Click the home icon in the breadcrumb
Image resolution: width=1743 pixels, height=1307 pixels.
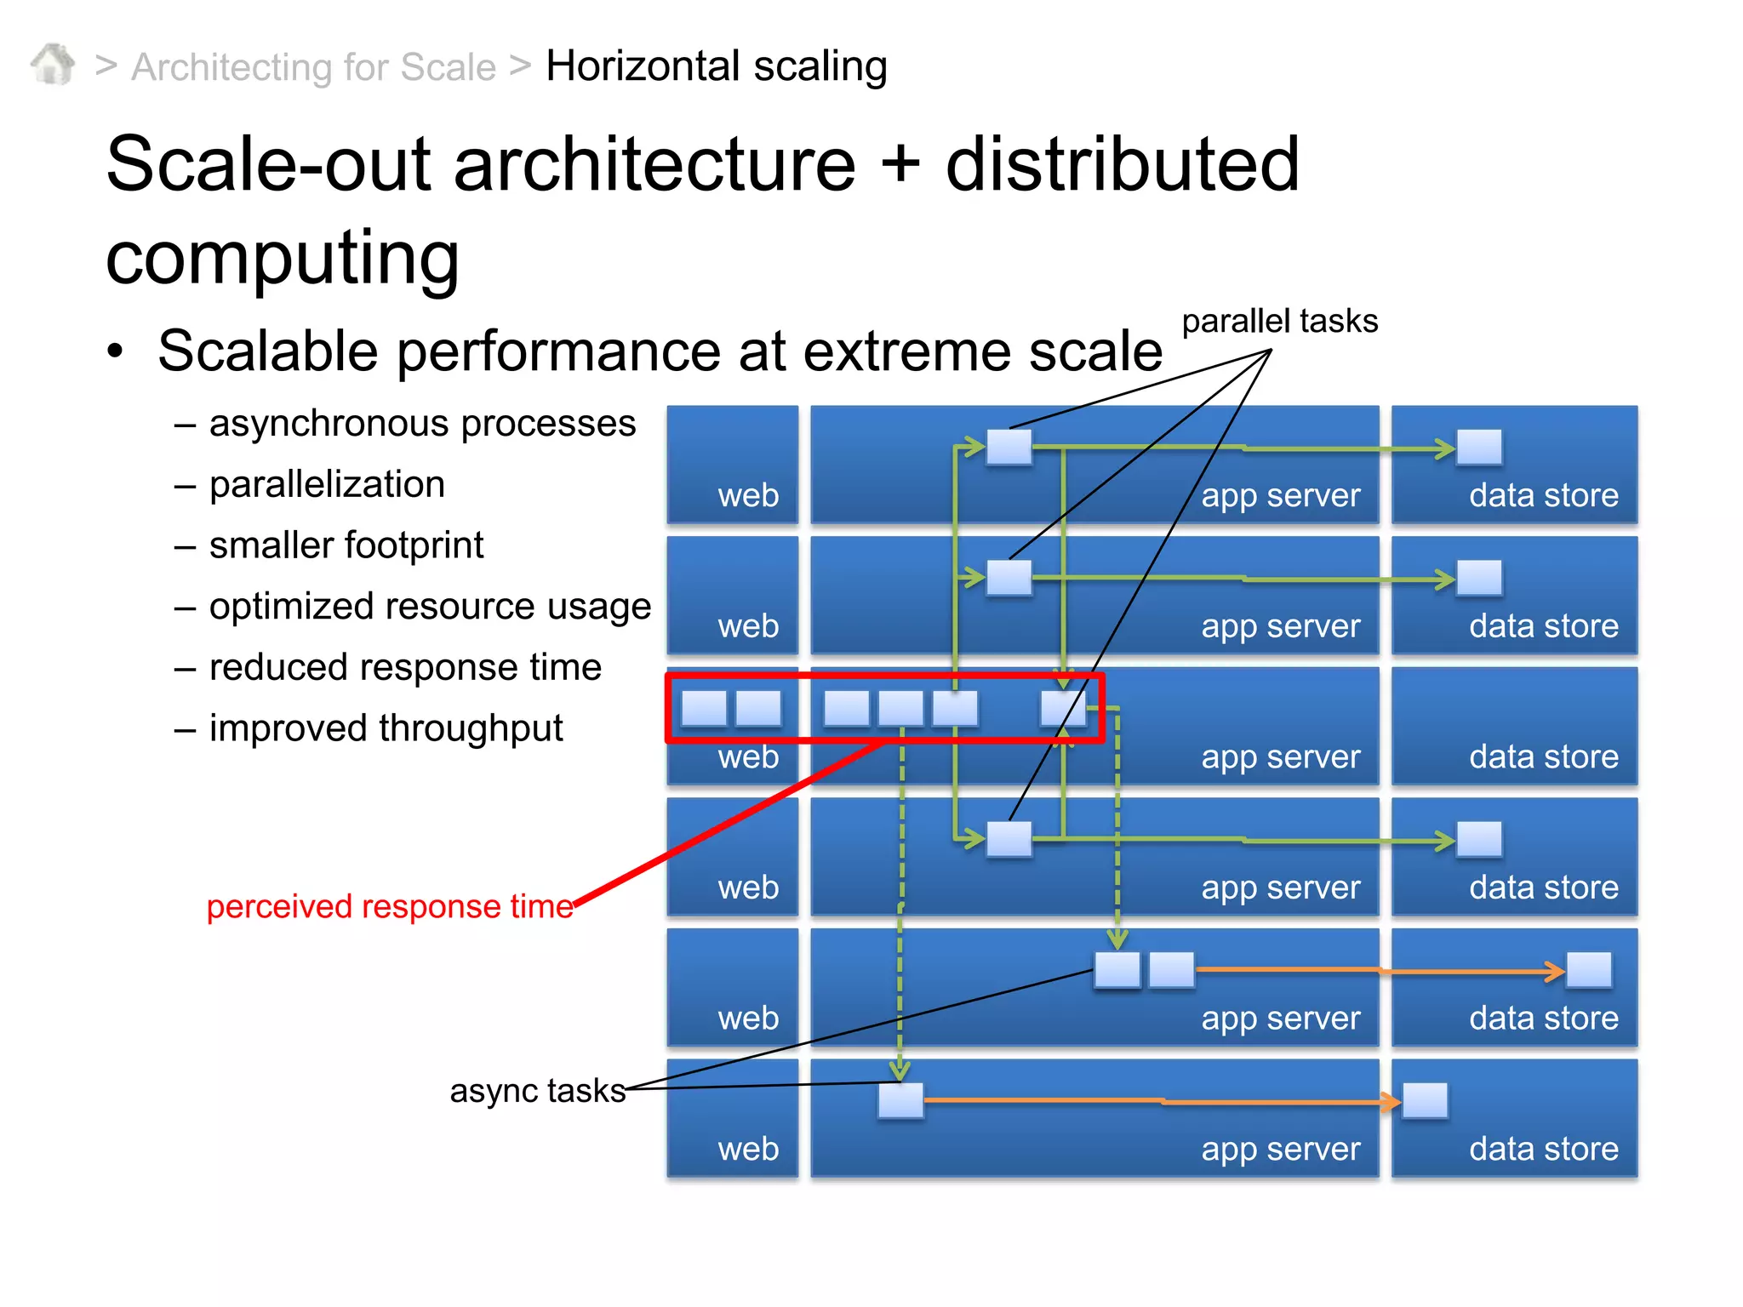click(53, 64)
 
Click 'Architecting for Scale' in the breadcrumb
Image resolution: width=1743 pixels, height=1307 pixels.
click(313, 67)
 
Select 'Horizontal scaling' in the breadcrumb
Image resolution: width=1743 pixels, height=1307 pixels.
click(716, 66)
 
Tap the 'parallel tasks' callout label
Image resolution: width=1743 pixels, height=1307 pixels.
click(1279, 322)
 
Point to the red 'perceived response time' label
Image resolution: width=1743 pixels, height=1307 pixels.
click(390, 907)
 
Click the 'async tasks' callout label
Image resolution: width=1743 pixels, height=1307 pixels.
click(537, 1091)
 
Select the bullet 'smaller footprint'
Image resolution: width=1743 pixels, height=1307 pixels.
click(346, 545)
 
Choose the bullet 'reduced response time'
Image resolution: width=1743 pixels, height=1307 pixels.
click(405, 667)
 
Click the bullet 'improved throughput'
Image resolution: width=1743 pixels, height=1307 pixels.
click(386, 728)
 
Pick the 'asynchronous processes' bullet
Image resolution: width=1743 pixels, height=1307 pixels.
click(422, 424)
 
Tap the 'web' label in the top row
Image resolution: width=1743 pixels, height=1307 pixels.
click(748, 495)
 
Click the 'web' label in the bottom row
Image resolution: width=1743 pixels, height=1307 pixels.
click(748, 1149)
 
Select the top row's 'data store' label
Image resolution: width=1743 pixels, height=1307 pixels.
click(1543, 495)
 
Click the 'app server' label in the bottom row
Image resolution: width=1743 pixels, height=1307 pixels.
click(1280, 1149)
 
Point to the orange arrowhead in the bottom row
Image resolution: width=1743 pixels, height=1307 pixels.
click(1391, 1102)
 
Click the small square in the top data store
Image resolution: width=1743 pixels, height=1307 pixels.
click(1479, 447)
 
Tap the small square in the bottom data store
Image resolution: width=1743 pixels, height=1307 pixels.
click(1425, 1100)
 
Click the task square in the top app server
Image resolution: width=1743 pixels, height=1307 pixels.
click(1009, 447)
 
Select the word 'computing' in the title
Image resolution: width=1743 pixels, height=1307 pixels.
click(283, 258)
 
